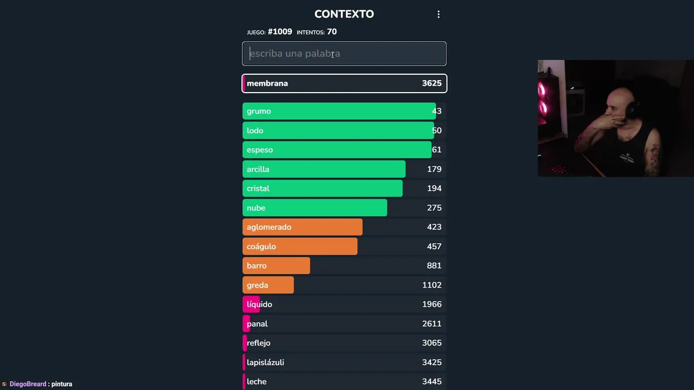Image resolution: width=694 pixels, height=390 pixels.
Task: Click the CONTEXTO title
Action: click(x=344, y=14)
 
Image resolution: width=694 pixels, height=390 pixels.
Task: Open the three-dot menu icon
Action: click(x=439, y=15)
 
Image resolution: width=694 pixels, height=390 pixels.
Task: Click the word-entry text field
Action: click(x=344, y=54)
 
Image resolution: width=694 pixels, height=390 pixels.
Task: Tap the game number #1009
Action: click(x=280, y=32)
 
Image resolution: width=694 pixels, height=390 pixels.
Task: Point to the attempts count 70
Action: click(x=332, y=32)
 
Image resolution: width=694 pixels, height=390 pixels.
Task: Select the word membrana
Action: click(x=267, y=83)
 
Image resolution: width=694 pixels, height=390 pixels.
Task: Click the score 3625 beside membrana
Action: click(x=432, y=83)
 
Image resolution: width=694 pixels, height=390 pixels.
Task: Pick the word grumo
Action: click(x=259, y=111)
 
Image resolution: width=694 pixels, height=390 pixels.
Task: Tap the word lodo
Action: click(x=255, y=131)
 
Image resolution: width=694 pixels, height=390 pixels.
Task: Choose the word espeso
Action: click(x=260, y=150)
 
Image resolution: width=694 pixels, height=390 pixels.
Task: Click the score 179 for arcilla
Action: click(x=434, y=169)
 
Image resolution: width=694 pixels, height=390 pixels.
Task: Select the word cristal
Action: click(x=258, y=188)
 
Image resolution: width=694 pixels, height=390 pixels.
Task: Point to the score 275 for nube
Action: click(x=434, y=208)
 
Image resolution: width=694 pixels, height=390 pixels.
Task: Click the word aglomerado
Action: click(x=269, y=227)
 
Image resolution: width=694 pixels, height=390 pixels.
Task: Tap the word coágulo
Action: click(x=261, y=246)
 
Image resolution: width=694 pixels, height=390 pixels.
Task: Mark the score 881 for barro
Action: click(x=434, y=265)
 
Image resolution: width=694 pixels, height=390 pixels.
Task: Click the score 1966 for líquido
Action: click(x=432, y=304)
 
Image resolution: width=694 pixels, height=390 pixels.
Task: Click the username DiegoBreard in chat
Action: click(x=28, y=384)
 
